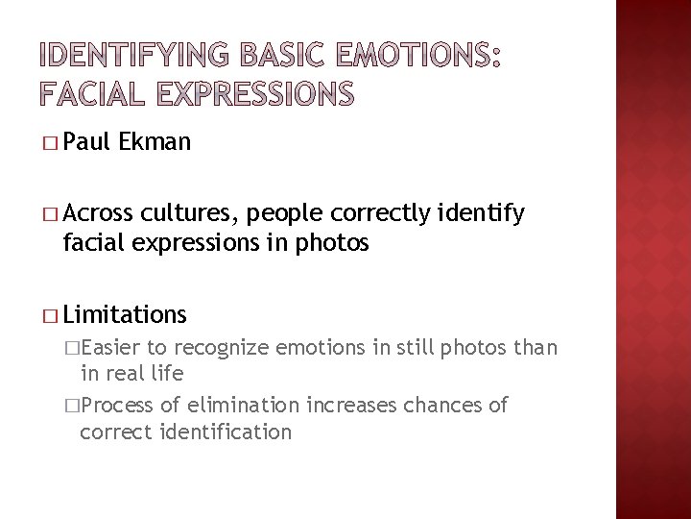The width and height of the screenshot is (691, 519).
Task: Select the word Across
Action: pyautogui.click(x=96, y=214)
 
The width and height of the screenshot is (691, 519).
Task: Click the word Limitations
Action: pyautogui.click(x=125, y=313)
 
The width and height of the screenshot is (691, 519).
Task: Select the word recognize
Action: pyautogui.click(x=224, y=348)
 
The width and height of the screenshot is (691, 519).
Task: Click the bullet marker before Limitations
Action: pyautogui.click(x=50, y=314)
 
